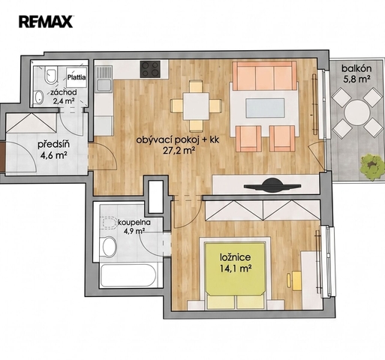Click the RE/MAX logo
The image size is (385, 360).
(x=46, y=22)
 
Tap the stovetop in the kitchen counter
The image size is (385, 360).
(x=150, y=69)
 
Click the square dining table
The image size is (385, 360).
(x=196, y=106)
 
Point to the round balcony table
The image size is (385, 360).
(x=357, y=112)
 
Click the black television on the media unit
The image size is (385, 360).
(x=272, y=185)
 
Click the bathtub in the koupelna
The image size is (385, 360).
(x=128, y=275)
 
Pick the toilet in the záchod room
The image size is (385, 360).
(x=50, y=74)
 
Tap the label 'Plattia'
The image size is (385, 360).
(x=77, y=77)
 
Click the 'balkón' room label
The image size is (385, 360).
(x=356, y=68)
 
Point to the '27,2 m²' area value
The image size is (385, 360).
(x=179, y=151)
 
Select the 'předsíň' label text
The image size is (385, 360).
(x=54, y=145)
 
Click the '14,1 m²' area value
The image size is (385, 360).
(x=236, y=268)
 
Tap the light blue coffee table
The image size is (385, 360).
(x=265, y=108)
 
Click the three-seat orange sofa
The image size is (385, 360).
(x=265, y=76)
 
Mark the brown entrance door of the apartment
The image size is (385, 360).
(x=2, y=157)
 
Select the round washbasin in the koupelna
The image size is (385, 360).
(x=110, y=247)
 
